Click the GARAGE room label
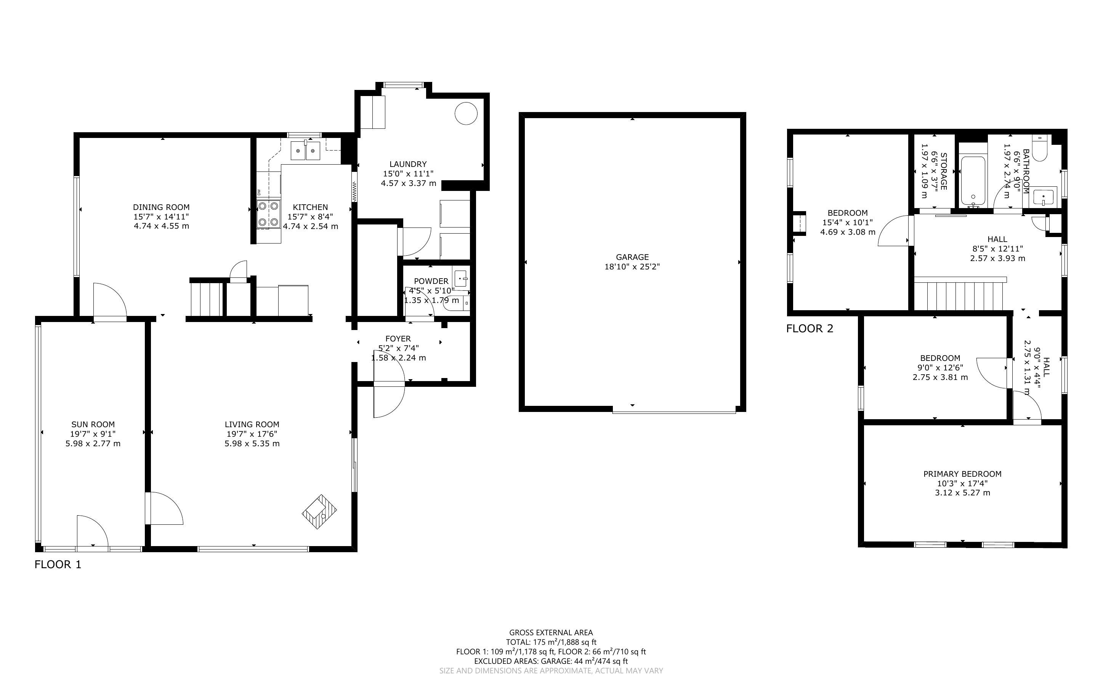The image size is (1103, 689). pyautogui.click(x=632, y=257)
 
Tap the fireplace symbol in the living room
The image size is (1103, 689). pyautogui.click(x=319, y=512)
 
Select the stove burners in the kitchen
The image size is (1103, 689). pyautogui.click(x=268, y=214)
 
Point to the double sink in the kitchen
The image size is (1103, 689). pyautogui.click(x=306, y=151)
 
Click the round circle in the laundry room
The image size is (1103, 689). pyautogui.click(x=466, y=113)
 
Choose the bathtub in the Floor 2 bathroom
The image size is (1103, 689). pyautogui.click(x=973, y=181)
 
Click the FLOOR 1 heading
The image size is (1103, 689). pyautogui.click(x=58, y=565)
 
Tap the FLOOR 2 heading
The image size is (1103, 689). pyautogui.click(x=810, y=328)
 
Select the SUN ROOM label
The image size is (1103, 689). pyautogui.click(x=93, y=424)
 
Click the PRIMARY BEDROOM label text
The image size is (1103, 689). pyautogui.click(x=962, y=474)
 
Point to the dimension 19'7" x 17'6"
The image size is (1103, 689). pyautogui.click(x=252, y=434)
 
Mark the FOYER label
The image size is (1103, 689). pyautogui.click(x=398, y=338)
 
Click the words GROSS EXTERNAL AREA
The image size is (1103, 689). pyautogui.click(x=551, y=633)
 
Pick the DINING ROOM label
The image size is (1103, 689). pyautogui.click(x=161, y=207)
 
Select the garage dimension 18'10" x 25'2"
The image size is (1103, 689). pyautogui.click(x=632, y=267)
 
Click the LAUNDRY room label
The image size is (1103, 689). pyautogui.click(x=408, y=164)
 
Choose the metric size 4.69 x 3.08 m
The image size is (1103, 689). pyautogui.click(x=848, y=232)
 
